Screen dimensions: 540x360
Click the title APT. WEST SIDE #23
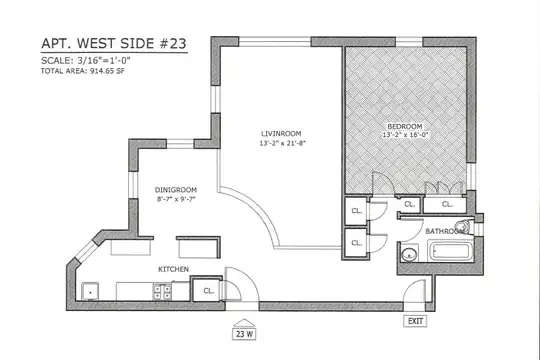pos(114,43)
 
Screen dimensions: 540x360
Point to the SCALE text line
pos(85,61)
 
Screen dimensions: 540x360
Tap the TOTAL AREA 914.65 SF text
pos(83,71)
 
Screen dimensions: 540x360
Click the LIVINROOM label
pos(281,134)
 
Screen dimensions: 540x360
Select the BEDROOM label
pos(405,126)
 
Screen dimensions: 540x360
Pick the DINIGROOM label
pos(176,190)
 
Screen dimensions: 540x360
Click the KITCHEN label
pos(173,269)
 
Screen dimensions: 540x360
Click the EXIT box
pos(415,321)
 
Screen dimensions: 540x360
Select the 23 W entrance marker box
pos(244,334)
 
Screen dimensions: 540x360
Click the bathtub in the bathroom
pos(450,251)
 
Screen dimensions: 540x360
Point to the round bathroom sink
pos(409,255)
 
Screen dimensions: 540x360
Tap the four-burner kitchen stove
pos(162,292)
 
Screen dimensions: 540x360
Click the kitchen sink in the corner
pos(90,291)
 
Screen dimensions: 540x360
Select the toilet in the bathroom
pos(463,226)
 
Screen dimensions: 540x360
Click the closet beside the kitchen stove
pos(207,290)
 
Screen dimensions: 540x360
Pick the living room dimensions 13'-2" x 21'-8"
pos(283,143)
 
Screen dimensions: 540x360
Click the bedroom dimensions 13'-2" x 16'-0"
pos(405,135)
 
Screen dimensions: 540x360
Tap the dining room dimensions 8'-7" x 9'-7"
pos(176,199)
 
